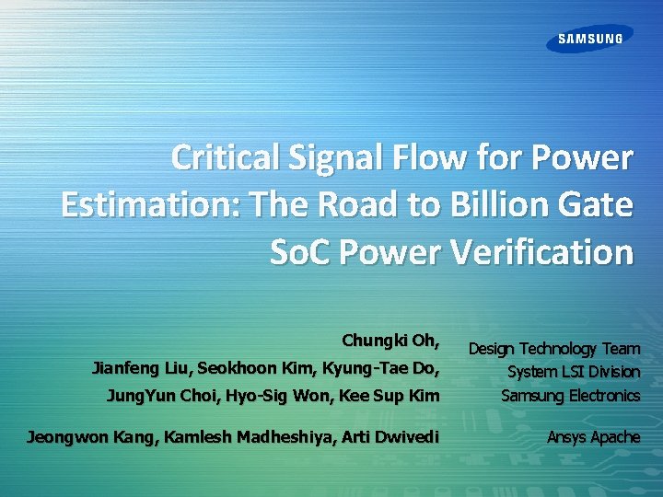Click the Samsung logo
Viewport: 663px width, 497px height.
click(x=590, y=39)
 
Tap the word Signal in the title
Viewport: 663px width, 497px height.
click(x=326, y=158)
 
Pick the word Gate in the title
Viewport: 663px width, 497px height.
click(x=595, y=205)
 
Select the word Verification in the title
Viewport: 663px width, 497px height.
click(x=542, y=251)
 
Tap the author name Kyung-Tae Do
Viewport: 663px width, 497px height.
click(x=377, y=369)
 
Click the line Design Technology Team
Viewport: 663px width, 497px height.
click(x=553, y=348)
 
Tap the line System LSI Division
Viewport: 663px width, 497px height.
click(x=573, y=372)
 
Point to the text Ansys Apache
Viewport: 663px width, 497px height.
click(x=593, y=436)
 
